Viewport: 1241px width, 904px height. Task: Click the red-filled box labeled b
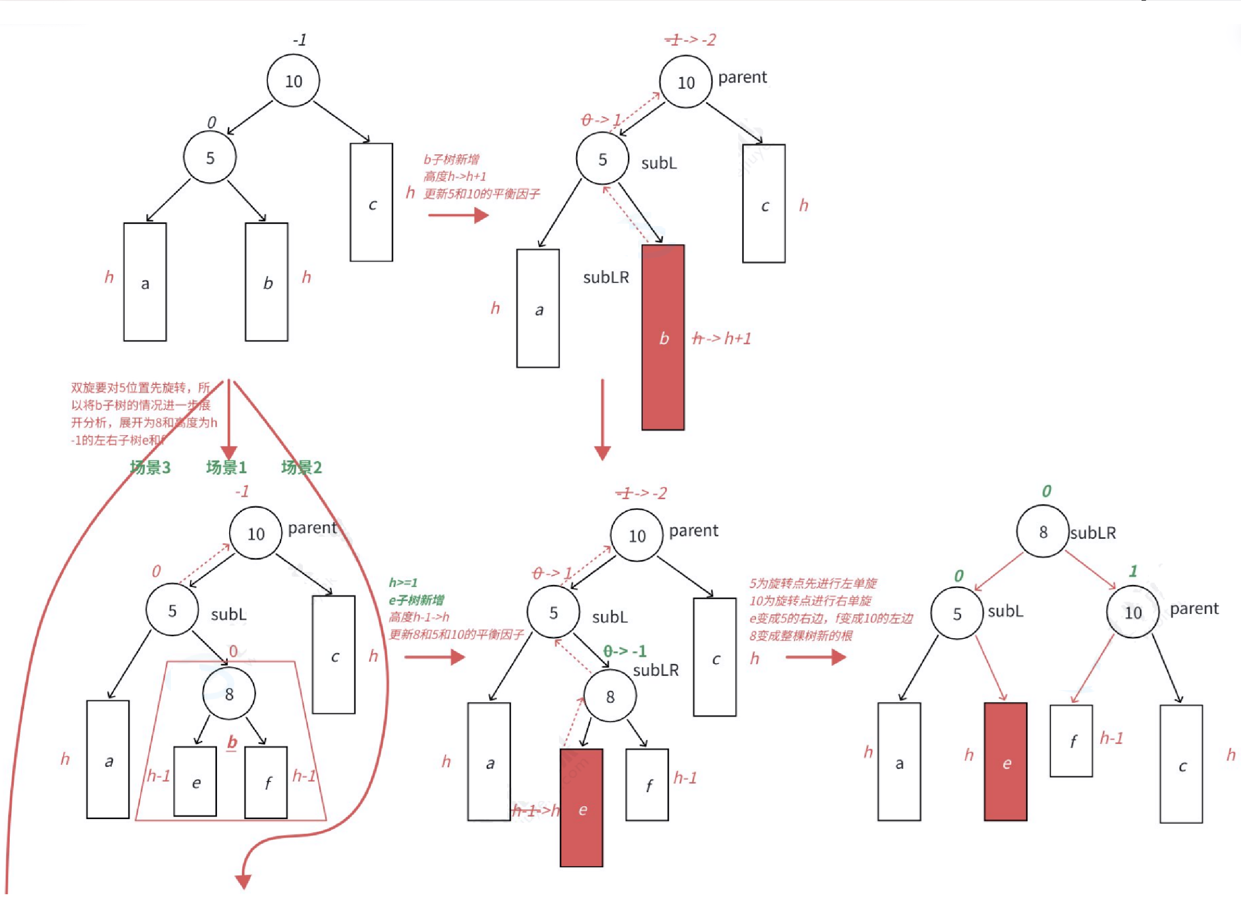point(663,337)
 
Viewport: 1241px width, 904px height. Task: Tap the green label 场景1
point(226,467)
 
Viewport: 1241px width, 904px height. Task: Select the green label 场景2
point(301,467)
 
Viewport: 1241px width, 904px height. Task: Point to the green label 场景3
point(150,467)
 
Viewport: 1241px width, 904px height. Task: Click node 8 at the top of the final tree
point(1042,531)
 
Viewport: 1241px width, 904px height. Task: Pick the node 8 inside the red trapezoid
point(229,694)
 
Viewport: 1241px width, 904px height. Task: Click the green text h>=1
point(403,583)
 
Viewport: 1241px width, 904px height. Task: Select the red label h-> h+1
point(722,339)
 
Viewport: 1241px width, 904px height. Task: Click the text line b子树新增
point(451,160)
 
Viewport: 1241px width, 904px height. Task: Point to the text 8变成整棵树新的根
point(801,636)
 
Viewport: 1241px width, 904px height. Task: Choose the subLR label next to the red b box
point(606,277)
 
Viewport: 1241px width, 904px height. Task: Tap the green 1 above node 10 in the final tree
point(1133,571)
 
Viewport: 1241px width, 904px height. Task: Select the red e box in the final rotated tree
point(1006,762)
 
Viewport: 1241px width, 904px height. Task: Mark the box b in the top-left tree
point(267,282)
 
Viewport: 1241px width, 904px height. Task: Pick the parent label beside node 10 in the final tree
point(1194,609)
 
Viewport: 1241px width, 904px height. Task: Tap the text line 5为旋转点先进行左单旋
point(813,583)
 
